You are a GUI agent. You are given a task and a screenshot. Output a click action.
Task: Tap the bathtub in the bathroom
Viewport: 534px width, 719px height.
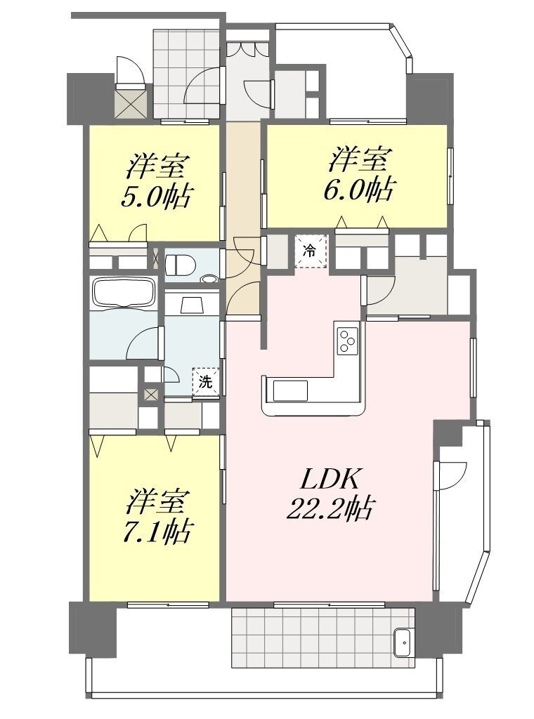[x=123, y=292]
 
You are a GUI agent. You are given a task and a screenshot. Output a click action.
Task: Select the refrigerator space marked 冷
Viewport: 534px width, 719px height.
[x=311, y=251]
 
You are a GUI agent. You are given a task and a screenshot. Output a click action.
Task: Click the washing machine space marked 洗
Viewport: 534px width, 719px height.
[x=206, y=381]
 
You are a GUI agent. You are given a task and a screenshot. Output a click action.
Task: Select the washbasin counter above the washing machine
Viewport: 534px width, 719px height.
[x=193, y=303]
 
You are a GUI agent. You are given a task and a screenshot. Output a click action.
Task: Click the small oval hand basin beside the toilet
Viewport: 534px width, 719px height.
[x=210, y=278]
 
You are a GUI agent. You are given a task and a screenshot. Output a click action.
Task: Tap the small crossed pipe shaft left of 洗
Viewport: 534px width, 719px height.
[x=150, y=394]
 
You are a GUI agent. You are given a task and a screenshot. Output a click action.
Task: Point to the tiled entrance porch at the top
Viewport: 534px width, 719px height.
[x=189, y=73]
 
